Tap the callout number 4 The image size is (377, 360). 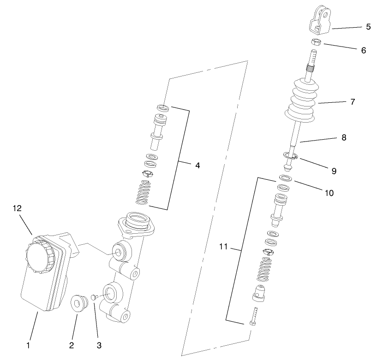(x=197, y=165)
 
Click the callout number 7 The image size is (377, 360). (x=353, y=102)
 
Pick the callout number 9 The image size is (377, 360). (x=333, y=171)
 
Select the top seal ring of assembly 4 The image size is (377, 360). (x=162, y=108)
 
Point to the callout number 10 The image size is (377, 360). (x=329, y=193)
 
